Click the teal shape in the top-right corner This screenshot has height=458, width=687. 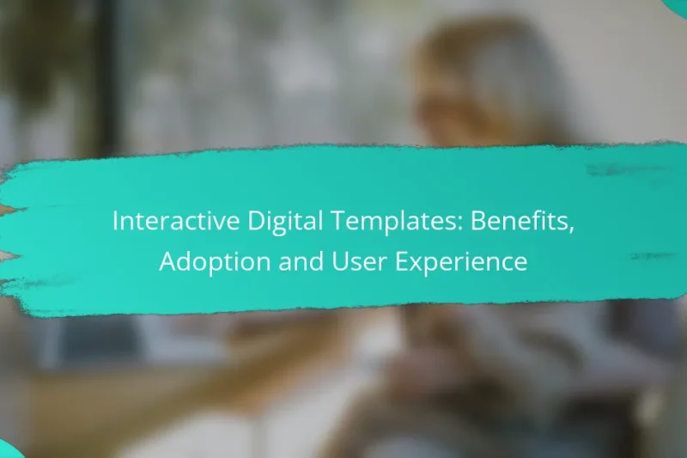coord(678,5)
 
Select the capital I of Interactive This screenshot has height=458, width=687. coord(115,221)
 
